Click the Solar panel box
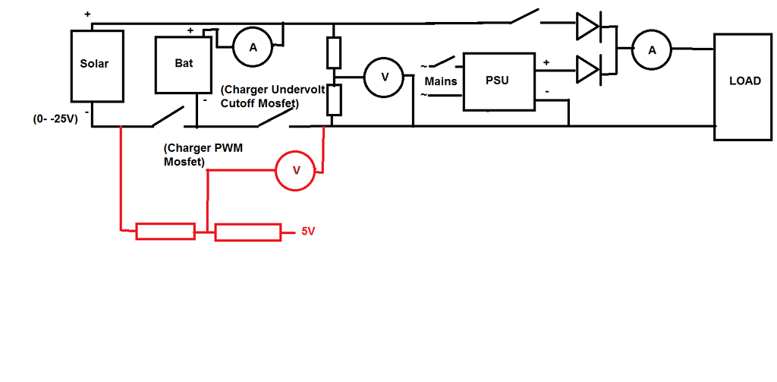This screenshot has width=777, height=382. pyautogui.click(x=96, y=65)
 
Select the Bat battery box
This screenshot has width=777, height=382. pyautogui.click(x=183, y=65)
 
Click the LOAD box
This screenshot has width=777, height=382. pyautogui.click(x=744, y=87)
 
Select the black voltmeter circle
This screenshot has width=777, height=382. pyautogui.click(x=384, y=77)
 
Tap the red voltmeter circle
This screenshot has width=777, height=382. pyautogui.click(x=297, y=171)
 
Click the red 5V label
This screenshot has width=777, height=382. pyautogui.click(x=307, y=232)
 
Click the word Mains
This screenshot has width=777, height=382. pyautogui.click(x=441, y=81)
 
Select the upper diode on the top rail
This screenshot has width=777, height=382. pyautogui.click(x=589, y=27)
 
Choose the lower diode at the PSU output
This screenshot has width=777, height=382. pyautogui.click(x=589, y=70)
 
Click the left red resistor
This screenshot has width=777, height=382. pyautogui.click(x=165, y=232)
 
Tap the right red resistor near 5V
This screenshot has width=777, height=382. pyautogui.click(x=247, y=232)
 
